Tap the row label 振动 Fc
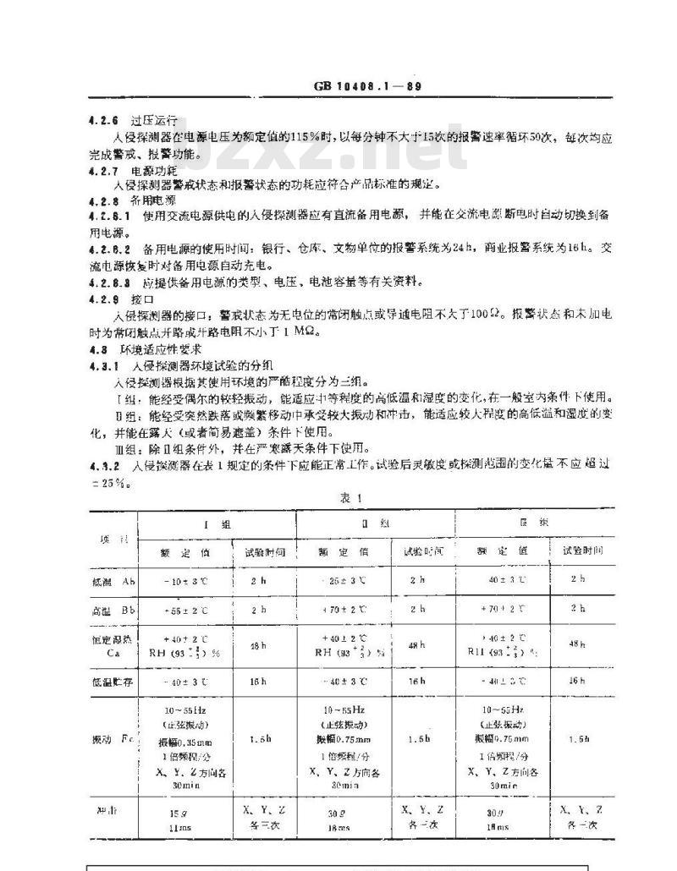pyautogui.click(x=112, y=740)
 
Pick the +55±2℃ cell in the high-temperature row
pyautogui.click(x=184, y=610)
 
